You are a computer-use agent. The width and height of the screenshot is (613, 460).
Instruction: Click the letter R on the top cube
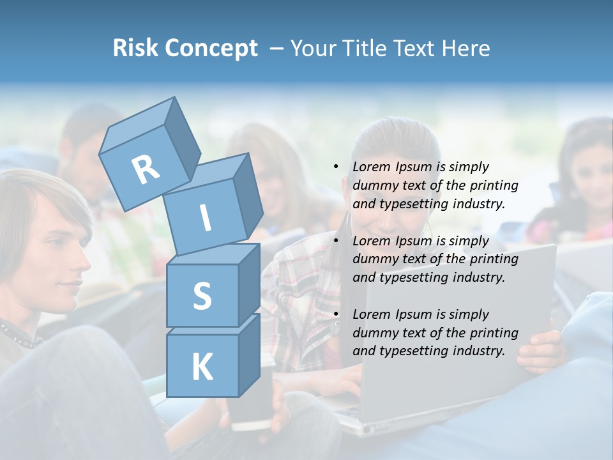pyautogui.click(x=146, y=169)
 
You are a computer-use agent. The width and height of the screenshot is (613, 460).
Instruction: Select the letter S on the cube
pyautogui.click(x=202, y=296)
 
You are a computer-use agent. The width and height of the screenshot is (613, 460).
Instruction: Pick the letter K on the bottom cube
pyautogui.click(x=202, y=367)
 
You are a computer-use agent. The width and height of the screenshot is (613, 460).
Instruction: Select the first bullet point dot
pyautogui.click(x=336, y=167)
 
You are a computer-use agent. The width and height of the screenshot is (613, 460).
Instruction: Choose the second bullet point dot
pyautogui.click(x=336, y=241)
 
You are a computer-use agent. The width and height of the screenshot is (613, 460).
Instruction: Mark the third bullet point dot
pyautogui.click(x=336, y=314)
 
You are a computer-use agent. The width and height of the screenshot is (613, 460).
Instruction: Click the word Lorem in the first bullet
pyautogui.click(x=371, y=167)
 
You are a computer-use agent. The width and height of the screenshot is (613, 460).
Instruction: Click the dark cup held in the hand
pyautogui.click(x=252, y=409)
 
